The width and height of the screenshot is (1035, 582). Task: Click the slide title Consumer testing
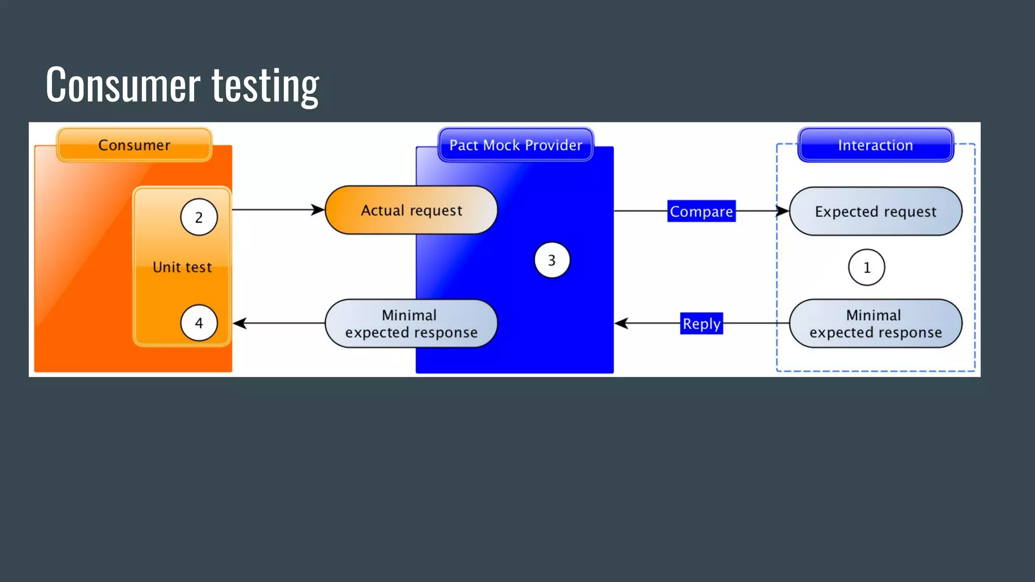coord(182,85)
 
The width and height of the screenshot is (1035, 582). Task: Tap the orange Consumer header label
coord(134,145)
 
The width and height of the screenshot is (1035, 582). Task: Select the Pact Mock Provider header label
coord(515,145)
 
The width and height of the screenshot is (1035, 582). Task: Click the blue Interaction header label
coord(875,145)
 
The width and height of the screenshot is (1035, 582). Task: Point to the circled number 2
coord(199,217)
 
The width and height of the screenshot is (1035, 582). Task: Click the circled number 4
coord(199,323)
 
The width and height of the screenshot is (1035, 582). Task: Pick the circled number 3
coord(552,260)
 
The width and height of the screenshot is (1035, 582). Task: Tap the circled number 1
coord(867,267)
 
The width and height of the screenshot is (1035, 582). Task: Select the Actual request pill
coord(411,210)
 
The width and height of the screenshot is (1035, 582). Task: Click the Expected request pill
coord(875,211)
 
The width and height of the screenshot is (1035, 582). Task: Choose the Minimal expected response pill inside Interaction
coord(875,323)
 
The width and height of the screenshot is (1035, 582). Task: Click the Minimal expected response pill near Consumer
coord(411,323)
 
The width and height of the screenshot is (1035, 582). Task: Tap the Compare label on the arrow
coord(701,211)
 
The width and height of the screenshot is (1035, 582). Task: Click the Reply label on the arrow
coord(701,323)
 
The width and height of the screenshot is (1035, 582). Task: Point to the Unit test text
coord(182,267)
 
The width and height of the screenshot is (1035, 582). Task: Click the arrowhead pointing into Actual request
coord(318,210)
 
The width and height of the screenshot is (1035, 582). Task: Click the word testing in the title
coord(265,85)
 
